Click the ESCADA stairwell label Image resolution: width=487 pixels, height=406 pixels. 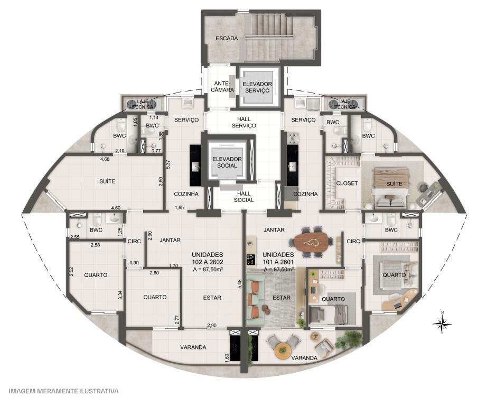[227, 39]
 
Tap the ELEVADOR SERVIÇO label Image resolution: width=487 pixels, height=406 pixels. [257, 87]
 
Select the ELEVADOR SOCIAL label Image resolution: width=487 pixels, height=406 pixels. [227, 162]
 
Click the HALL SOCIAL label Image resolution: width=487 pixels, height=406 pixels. [244, 197]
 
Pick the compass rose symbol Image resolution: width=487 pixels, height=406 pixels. [442, 324]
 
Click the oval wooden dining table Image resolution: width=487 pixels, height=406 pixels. [311, 242]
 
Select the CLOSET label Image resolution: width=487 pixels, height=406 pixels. [347, 183]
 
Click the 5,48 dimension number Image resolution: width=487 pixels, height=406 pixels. [239, 284]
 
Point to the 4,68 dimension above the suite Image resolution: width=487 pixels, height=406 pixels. [105, 160]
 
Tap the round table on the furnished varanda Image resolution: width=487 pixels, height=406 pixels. [283, 350]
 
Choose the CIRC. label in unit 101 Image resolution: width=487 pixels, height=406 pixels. [354, 241]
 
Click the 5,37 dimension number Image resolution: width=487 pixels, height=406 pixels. [168, 164]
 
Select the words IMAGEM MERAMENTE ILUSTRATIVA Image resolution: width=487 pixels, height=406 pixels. [64, 391]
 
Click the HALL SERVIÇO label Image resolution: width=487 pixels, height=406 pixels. [244, 123]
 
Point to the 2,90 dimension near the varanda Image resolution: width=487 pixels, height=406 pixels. [212, 326]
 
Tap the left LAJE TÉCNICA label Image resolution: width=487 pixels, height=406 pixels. [143, 104]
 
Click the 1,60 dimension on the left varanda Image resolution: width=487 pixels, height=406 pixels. [227, 357]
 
